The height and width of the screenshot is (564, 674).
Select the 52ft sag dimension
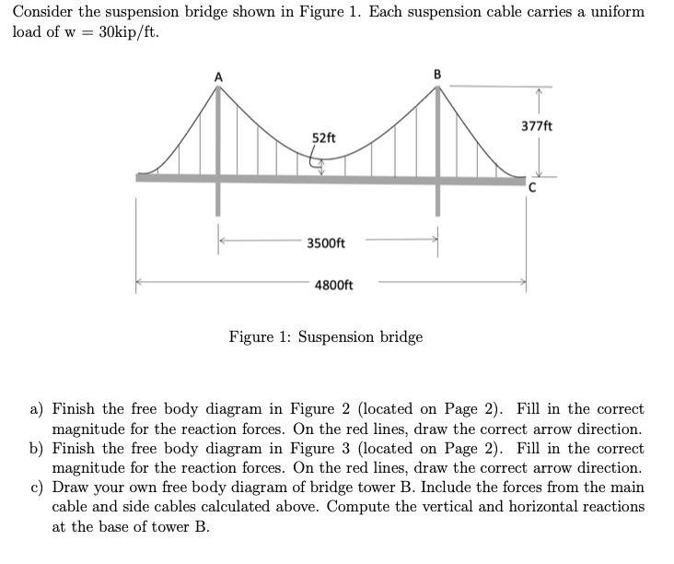[x=324, y=138]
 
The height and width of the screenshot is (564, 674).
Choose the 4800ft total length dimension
[x=333, y=285]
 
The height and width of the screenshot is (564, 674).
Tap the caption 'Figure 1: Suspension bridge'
[x=326, y=336]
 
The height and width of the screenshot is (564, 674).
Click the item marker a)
[x=34, y=408]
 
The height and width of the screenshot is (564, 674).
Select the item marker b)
[x=34, y=448]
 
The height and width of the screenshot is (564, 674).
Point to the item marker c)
[x=34, y=488]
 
